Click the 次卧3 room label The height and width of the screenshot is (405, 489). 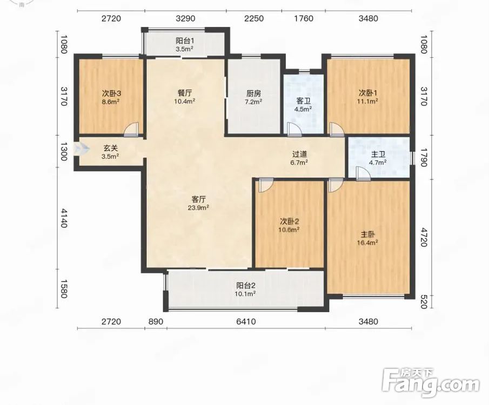click(111, 93)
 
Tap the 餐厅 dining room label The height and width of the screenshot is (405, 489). click(185, 93)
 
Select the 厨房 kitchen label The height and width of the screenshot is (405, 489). click(253, 93)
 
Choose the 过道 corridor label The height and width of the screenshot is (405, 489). click(299, 154)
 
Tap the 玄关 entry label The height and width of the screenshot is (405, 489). click(110, 148)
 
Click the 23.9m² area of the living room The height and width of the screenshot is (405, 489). click(198, 207)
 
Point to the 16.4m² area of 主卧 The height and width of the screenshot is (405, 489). click(368, 242)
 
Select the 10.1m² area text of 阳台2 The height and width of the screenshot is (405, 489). click(246, 293)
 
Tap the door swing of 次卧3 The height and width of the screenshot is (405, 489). click(131, 130)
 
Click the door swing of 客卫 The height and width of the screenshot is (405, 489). click(294, 130)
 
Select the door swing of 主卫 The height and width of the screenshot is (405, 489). click(363, 174)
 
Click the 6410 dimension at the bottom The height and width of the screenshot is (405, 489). click(246, 321)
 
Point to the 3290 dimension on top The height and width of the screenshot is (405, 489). click(185, 18)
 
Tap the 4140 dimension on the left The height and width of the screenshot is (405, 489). click(64, 218)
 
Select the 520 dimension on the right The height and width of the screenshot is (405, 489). click(424, 302)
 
